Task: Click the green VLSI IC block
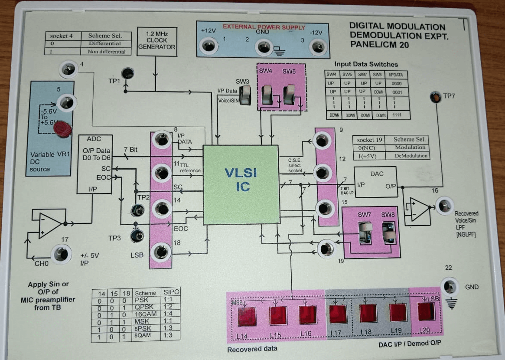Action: coord(241,185)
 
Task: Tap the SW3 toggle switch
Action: coord(246,95)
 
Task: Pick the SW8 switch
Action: coord(388,235)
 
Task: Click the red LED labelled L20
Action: coord(426,312)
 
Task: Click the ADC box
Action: coord(94,164)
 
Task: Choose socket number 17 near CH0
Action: coord(61,254)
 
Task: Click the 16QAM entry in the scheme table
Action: coord(145,314)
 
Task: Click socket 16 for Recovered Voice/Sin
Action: coord(444,206)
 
